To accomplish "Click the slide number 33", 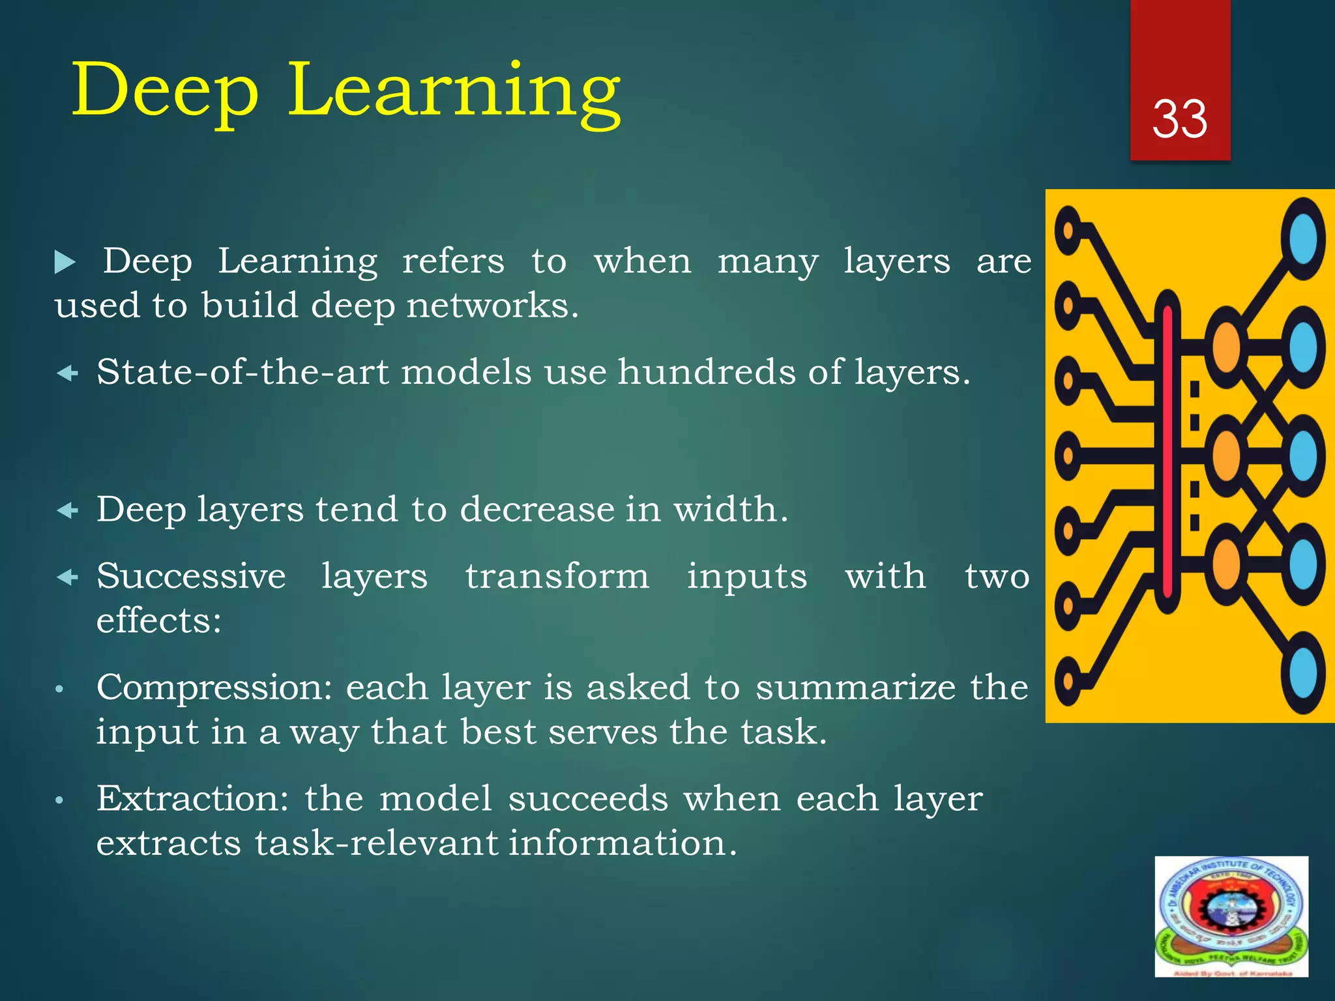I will coord(1180,119).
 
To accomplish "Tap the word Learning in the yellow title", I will coord(454,91).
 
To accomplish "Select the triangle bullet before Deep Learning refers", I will coord(65,263).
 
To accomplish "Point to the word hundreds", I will coord(707,372).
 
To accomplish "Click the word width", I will coord(730,509).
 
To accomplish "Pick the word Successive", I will coord(191,576).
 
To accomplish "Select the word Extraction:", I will coord(192,799).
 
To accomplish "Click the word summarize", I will coord(855,688).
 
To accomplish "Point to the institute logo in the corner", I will coord(1231,916).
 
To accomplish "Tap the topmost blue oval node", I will coord(1303,238).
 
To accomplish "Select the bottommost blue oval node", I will coord(1303,674).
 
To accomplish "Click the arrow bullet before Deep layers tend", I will coord(68,510).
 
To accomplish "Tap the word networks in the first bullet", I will coord(492,306).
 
